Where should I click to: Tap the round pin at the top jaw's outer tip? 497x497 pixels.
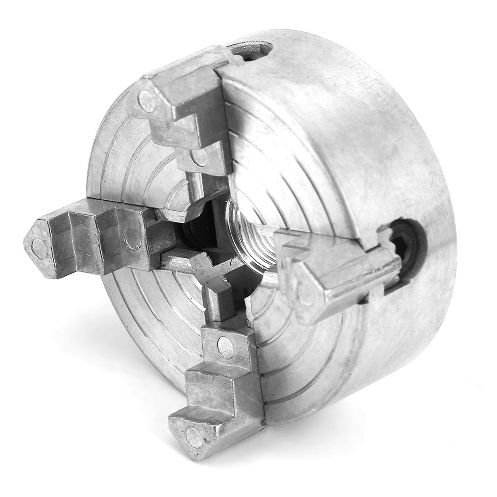click(x=146, y=100)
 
